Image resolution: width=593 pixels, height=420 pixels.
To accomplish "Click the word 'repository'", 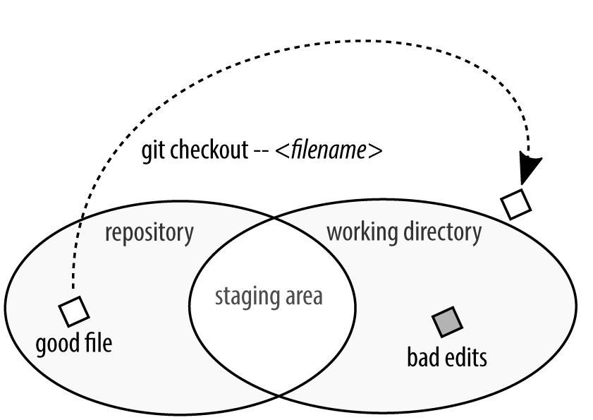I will click(x=149, y=233).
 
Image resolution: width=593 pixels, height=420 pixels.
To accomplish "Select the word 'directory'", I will click(x=441, y=232).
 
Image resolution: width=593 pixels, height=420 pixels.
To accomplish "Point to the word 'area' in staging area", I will click(x=303, y=296).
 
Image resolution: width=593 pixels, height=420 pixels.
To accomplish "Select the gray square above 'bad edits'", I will click(x=447, y=322).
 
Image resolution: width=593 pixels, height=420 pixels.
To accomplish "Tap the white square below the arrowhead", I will click(x=516, y=204).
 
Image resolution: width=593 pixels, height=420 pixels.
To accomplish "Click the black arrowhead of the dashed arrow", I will click(x=530, y=170).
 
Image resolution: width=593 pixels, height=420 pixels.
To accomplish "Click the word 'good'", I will click(x=56, y=345).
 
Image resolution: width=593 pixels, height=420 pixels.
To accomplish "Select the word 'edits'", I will click(x=465, y=357).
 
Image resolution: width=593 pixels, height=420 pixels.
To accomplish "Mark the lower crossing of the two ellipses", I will click(x=278, y=396).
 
